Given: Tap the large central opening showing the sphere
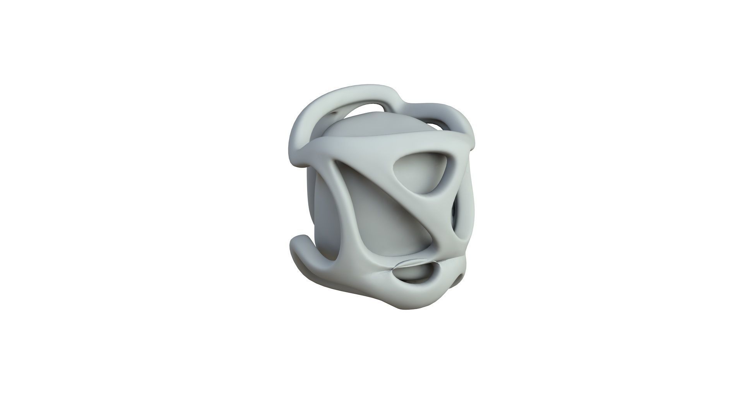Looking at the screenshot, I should tap(391, 228).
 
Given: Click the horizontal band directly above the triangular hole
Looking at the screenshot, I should tap(418, 143).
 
